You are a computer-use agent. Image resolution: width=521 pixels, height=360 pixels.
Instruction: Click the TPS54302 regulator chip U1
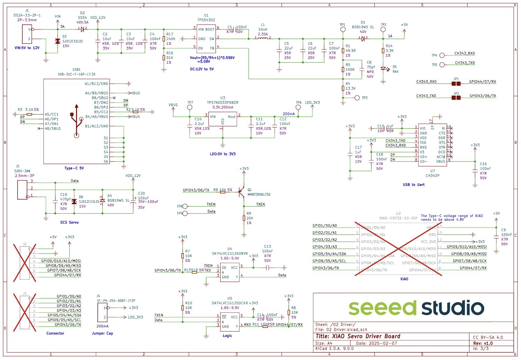point(206,39)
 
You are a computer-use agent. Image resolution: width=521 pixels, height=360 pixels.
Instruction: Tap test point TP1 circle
point(343,30)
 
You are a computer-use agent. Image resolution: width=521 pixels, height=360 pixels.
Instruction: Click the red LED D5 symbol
point(383,69)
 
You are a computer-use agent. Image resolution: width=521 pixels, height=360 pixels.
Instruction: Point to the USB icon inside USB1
point(77,121)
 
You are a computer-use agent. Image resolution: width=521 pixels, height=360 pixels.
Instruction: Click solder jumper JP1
point(456,84)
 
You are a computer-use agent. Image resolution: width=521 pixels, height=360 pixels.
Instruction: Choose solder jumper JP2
point(456,98)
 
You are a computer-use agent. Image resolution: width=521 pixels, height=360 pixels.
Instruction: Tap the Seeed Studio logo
point(416,308)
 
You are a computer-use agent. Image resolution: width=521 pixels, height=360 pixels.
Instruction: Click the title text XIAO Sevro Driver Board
point(358,336)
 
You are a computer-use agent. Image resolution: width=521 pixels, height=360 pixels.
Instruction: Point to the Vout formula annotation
point(212,60)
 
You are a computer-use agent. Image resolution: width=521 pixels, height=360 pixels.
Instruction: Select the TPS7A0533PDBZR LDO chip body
point(222,119)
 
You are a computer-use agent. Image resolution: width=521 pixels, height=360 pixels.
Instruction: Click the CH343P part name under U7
point(432,175)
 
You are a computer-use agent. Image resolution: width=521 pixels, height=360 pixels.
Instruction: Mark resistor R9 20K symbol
point(244,218)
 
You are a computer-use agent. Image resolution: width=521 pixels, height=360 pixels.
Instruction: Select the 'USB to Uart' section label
point(414,185)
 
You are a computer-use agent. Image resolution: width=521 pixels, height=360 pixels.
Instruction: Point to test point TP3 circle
point(357,98)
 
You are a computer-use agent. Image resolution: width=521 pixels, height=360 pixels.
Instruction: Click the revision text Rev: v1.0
point(483,343)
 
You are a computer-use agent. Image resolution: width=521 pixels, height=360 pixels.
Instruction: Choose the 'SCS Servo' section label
point(69,222)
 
